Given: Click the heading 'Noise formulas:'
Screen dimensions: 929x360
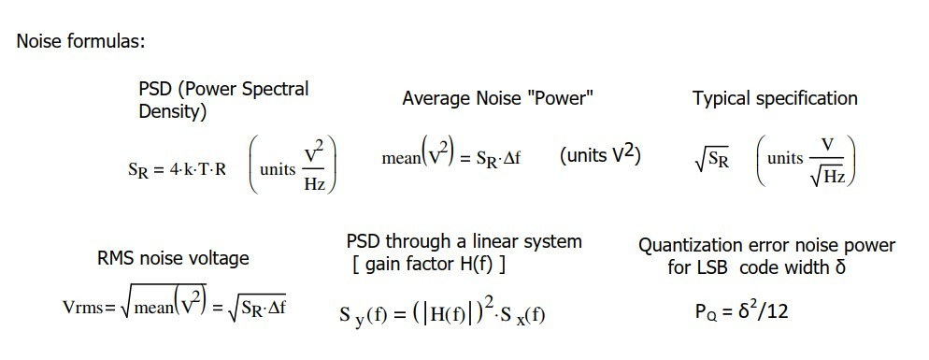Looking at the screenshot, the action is (79, 42).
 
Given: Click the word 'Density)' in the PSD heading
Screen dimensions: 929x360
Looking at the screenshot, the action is (173, 112).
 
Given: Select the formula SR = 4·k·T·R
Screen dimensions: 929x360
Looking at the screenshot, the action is (177, 170).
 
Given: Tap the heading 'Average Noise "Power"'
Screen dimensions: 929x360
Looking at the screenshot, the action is (498, 98).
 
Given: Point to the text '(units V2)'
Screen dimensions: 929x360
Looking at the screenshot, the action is (601, 156).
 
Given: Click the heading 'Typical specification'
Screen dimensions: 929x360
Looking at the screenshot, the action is (775, 98).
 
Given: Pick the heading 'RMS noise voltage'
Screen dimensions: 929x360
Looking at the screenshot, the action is (173, 258).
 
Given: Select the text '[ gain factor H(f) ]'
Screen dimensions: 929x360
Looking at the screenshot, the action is (429, 265).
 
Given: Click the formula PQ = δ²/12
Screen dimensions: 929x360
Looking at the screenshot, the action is (742, 310).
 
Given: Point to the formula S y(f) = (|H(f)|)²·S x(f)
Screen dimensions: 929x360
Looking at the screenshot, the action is (442, 313).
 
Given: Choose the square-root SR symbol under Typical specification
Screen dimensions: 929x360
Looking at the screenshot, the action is (712, 160).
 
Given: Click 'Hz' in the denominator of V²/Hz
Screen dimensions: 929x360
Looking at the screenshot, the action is (315, 183).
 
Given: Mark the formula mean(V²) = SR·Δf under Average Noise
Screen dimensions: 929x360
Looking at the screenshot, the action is (450, 157).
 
